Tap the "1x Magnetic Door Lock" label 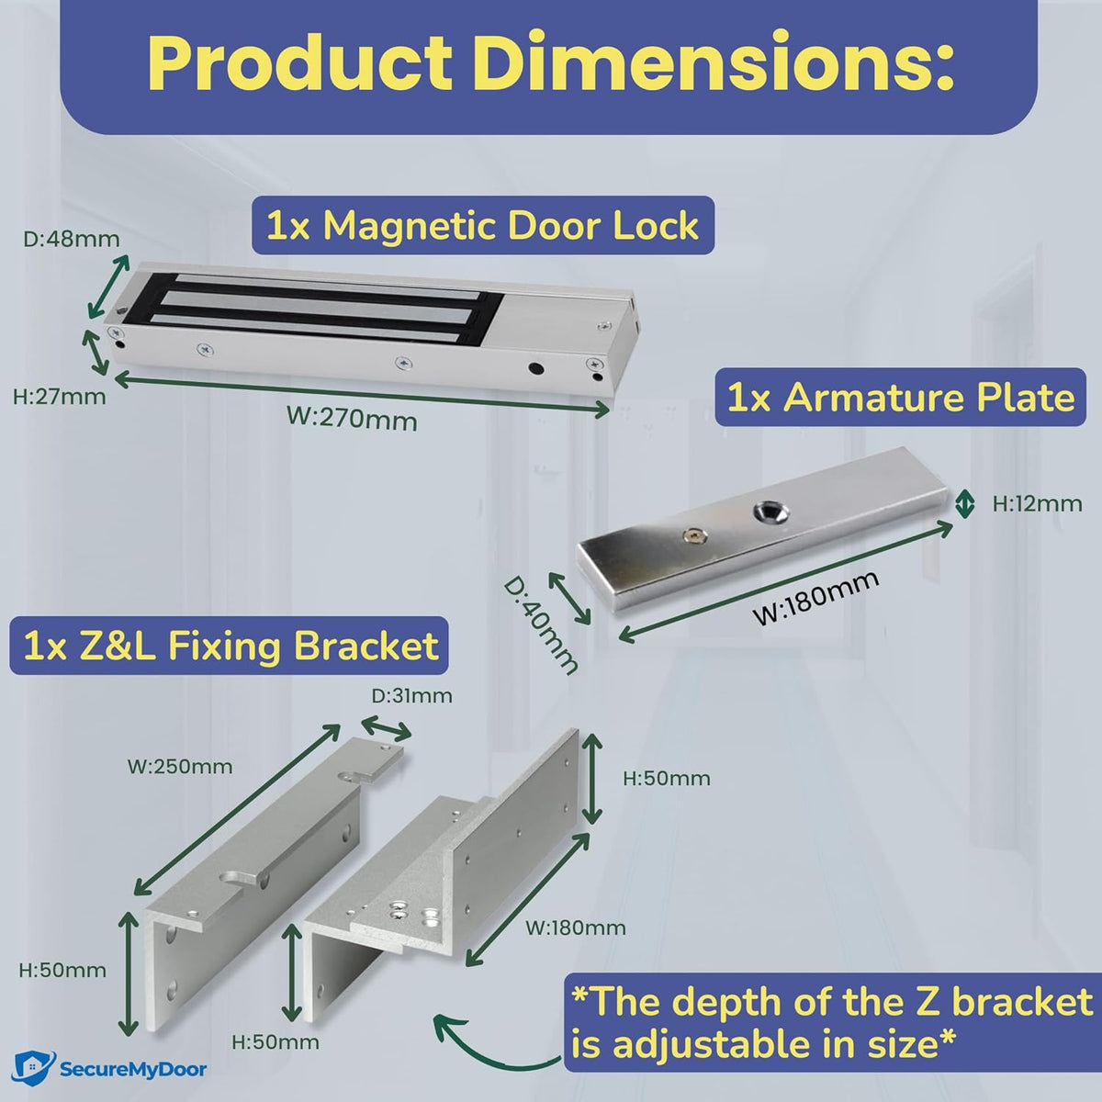(482, 225)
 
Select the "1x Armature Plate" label (900, 399)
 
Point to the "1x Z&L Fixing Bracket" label (231, 647)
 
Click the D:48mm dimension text (72, 240)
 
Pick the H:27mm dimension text (60, 397)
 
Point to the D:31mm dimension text (411, 695)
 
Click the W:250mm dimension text (180, 766)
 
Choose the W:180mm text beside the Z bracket (576, 928)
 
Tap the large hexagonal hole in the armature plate (765, 512)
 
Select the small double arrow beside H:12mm (964, 503)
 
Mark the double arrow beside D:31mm (388, 730)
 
